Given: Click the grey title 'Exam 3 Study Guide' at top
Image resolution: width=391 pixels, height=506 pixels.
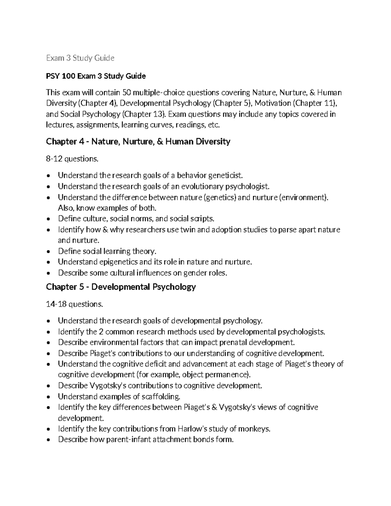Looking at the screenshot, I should click(x=80, y=58).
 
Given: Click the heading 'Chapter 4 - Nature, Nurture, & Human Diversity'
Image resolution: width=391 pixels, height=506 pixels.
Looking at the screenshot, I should click(x=138, y=141).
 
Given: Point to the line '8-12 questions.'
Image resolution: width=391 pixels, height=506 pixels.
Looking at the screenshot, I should click(x=72, y=159).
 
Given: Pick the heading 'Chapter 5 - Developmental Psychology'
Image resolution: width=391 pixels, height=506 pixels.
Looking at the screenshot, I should click(x=121, y=287).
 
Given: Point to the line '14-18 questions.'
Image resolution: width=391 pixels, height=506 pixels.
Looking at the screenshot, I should click(x=74, y=304).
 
